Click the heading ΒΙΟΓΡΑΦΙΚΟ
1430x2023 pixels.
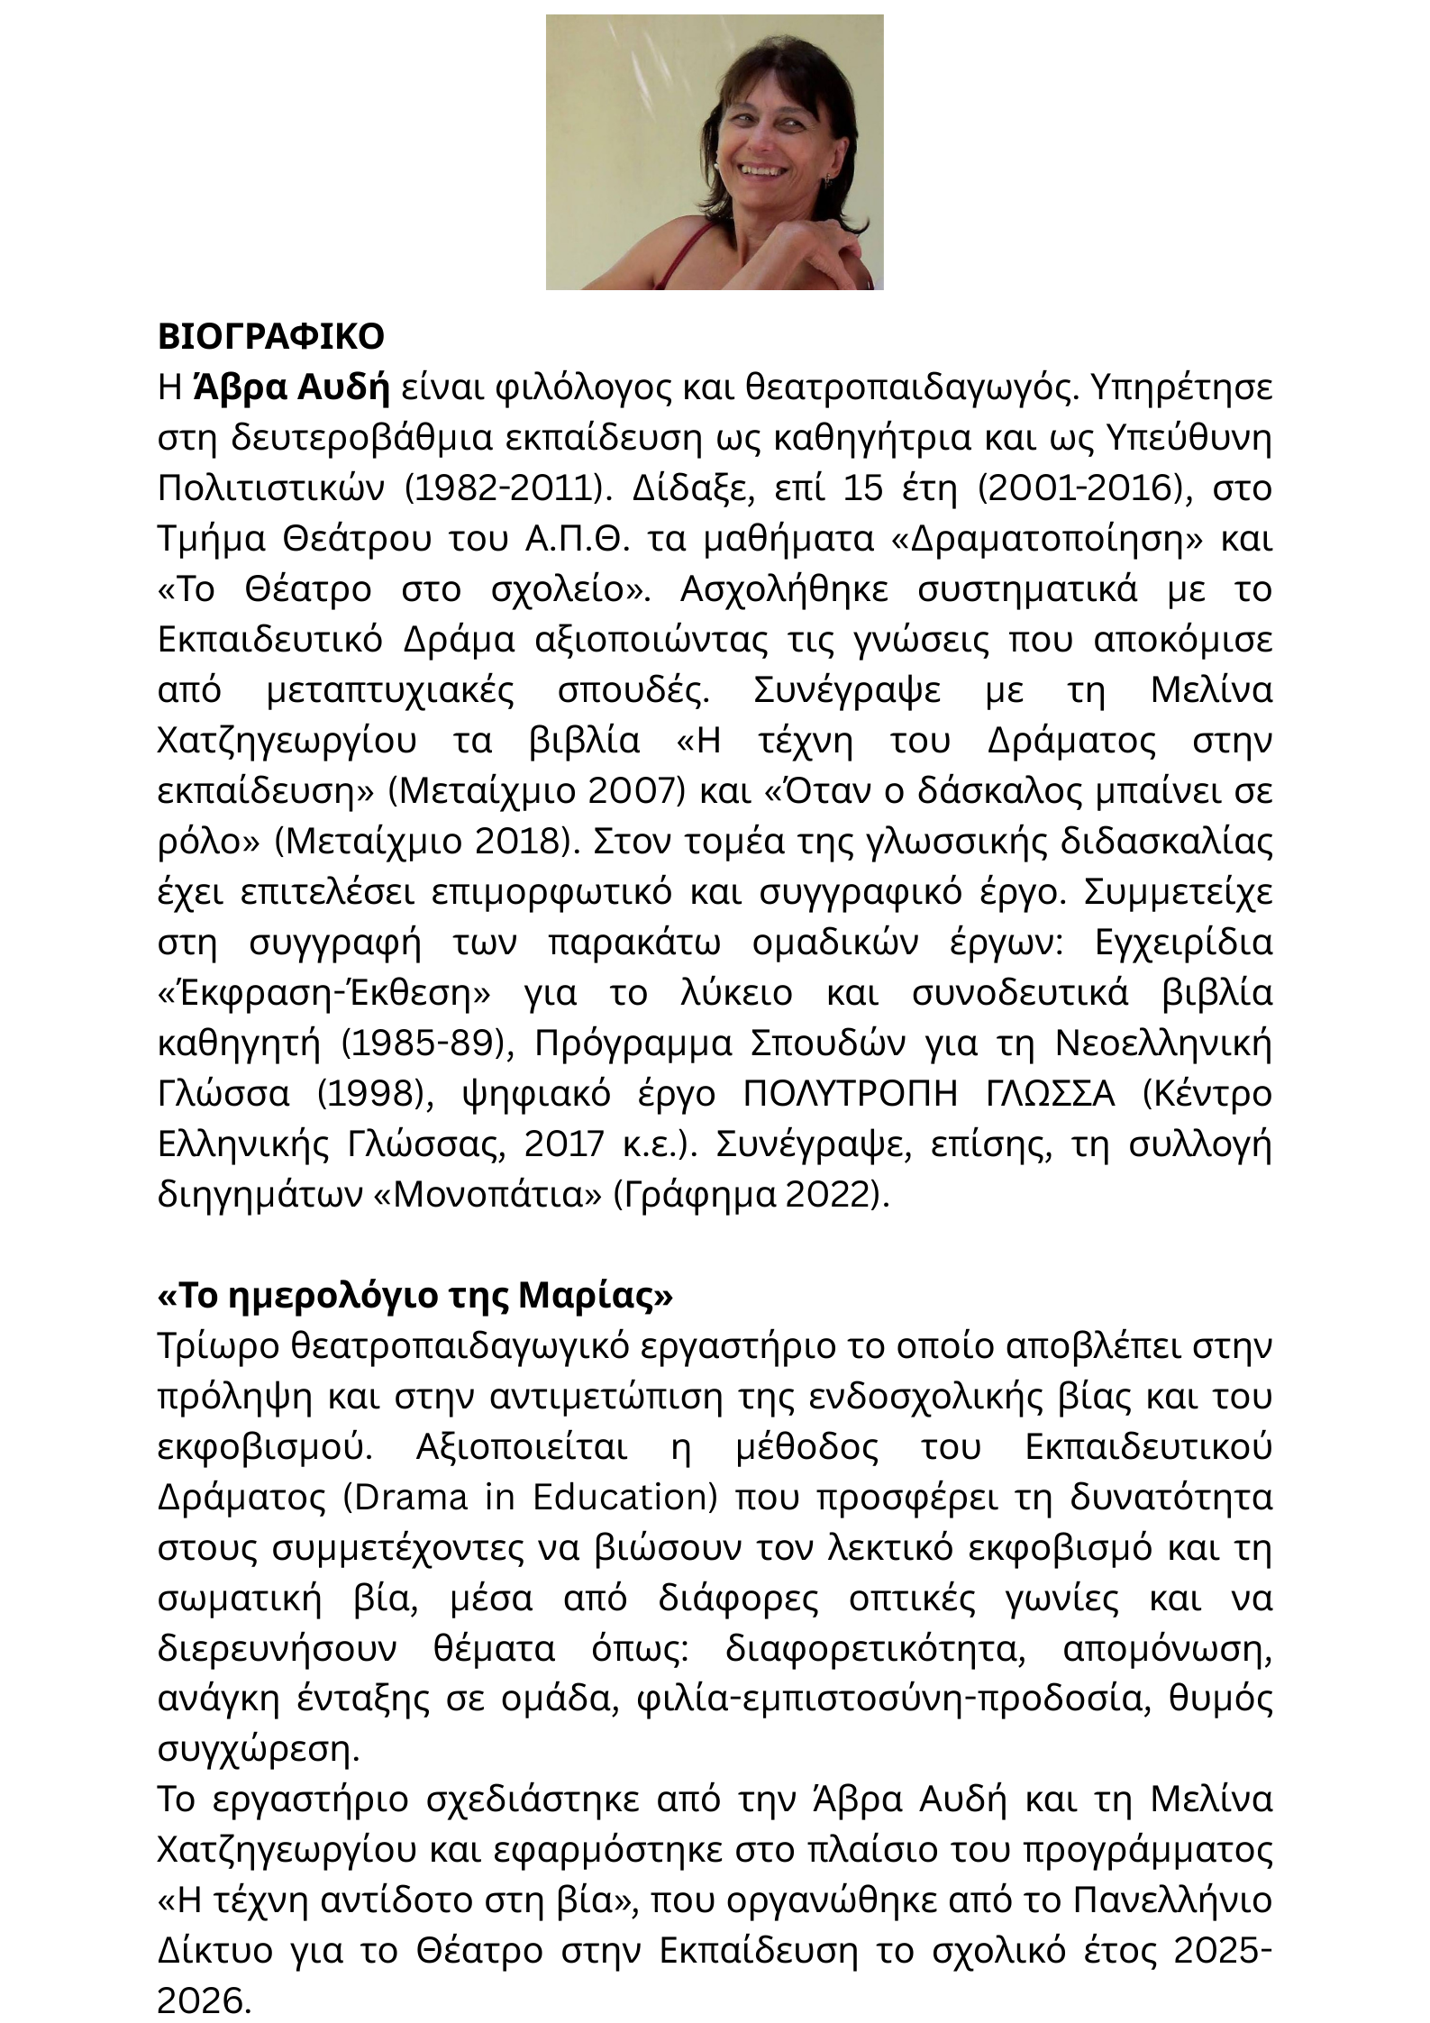click(270, 337)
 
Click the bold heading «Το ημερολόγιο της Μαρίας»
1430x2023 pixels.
click(415, 1296)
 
